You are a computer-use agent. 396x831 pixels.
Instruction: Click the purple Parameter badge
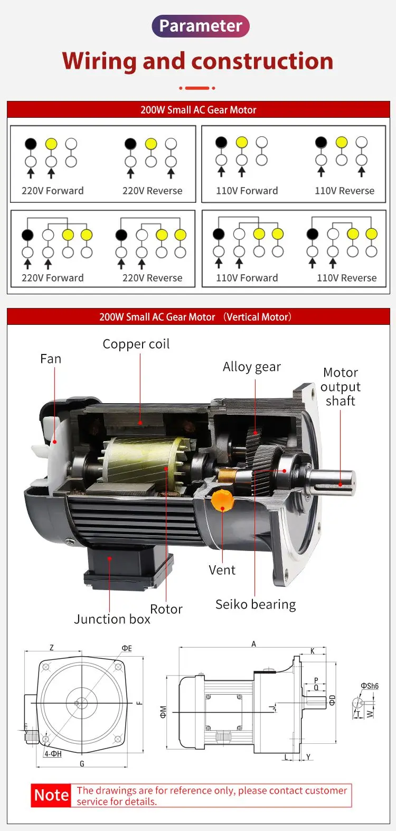click(200, 26)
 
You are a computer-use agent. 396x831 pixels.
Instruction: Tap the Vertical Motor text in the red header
click(257, 317)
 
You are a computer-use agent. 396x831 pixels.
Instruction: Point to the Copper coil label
click(136, 344)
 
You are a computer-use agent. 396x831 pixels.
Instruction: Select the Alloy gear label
click(251, 367)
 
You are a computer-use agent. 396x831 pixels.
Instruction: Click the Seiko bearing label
click(256, 604)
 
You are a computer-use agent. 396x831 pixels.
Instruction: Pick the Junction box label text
click(112, 619)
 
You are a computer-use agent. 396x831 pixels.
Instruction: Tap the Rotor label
click(166, 609)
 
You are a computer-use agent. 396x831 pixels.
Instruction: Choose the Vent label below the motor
click(222, 570)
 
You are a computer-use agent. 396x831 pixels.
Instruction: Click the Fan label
click(51, 359)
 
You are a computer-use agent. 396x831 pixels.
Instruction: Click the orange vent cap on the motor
click(222, 500)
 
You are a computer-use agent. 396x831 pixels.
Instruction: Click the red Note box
click(51, 795)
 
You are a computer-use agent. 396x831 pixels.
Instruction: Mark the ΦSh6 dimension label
click(370, 686)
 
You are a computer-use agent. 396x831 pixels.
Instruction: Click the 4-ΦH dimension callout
click(53, 754)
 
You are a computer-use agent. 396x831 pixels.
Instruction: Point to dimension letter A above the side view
click(253, 643)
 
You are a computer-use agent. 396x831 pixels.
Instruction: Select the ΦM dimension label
click(163, 712)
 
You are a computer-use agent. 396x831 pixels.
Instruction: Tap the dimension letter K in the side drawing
click(313, 651)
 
